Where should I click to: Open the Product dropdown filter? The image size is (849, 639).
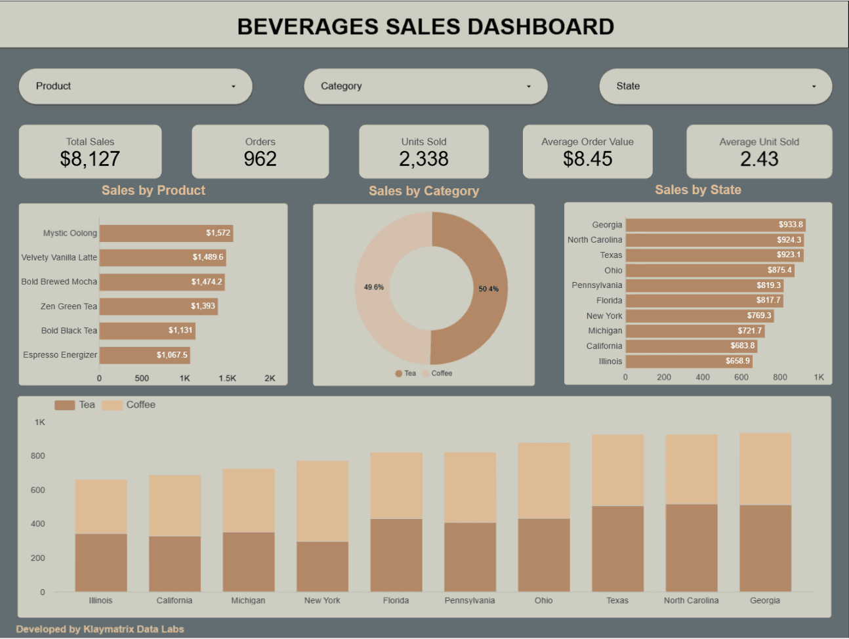tap(135, 86)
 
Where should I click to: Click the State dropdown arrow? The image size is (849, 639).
tap(814, 87)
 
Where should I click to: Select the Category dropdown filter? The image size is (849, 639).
tap(425, 86)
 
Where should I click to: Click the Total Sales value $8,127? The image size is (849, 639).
tap(90, 159)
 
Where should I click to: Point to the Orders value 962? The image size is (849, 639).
tap(260, 159)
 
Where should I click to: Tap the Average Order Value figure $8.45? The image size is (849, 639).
tap(587, 159)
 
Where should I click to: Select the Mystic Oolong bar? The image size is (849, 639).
tap(165, 233)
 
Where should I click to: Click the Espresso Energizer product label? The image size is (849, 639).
tap(60, 355)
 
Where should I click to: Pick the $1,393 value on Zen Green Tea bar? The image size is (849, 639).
tap(203, 306)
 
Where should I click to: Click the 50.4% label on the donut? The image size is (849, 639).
tap(488, 289)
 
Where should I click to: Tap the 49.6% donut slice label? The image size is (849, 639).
tap(374, 287)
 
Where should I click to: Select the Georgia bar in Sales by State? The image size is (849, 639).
tap(715, 224)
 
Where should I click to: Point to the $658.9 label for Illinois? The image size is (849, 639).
tap(737, 361)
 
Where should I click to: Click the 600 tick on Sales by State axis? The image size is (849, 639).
tap(741, 377)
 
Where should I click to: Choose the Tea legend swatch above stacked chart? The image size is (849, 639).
tap(64, 405)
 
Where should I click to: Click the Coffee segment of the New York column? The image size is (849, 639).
tap(322, 501)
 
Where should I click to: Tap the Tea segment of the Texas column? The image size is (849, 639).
tap(617, 548)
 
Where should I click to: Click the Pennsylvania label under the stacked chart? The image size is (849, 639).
tap(470, 600)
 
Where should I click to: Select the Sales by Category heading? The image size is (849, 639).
tap(424, 191)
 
